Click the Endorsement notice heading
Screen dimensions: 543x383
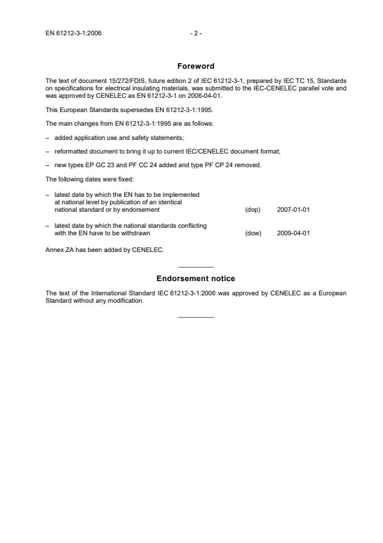click(x=196, y=279)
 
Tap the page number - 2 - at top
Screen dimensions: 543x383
click(x=195, y=33)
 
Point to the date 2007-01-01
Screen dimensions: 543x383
click(x=293, y=210)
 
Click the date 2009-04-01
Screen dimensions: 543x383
click(x=293, y=233)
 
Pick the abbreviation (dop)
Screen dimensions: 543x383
click(x=252, y=210)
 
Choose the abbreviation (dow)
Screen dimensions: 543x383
click(x=253, y=233)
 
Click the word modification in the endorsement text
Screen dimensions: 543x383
click(x=127, y=301)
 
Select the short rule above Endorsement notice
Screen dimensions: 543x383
click(x=196, y=266)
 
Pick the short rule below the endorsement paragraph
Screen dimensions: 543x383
click(x=196, y=317)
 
